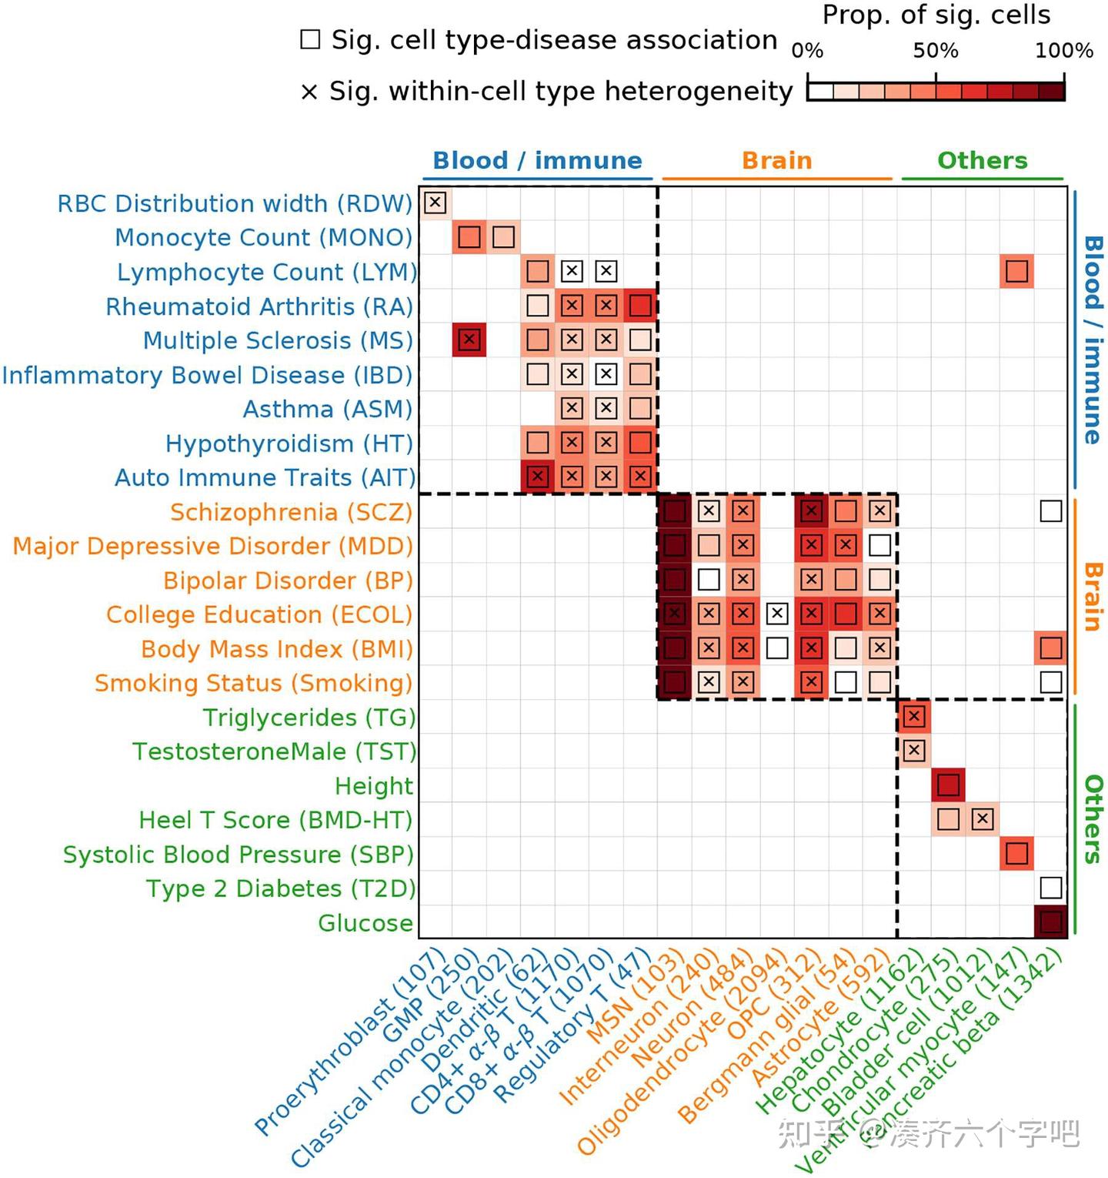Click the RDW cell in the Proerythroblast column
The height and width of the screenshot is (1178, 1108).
pyautogui.click(x=436, y=202)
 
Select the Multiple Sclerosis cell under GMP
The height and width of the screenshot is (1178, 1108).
pyautogui.click(x=469, y=340)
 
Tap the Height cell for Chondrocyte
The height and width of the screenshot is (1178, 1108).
pyautogui.click(x=948, y=785)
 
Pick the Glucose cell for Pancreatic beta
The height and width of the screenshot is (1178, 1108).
pyautogui.click(x=1050, y=922)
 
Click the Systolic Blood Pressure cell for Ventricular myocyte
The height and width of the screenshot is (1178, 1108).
pyautogui.click(x=1016, y=853)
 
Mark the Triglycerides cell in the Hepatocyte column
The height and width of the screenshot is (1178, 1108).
pyautogui.click(x=913, y=717)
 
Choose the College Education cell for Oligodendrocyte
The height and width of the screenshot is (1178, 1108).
pyautogui.click(x=777, y=614)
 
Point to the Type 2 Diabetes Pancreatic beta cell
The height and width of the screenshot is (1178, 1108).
pyautogui.click(x=1050, y=888)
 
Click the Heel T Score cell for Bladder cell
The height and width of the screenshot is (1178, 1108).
pyautogui.click(x=982, y=819)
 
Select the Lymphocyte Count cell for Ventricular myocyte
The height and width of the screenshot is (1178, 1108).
pyautogui.click(x=1016, y=271)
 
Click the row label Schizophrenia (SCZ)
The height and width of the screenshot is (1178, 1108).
pyautogui.click(x=291, y=512)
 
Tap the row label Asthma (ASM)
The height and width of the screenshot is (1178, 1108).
pyautogui.click(x=328, y=409)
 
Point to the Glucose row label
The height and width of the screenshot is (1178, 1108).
pyautogui.click(x=365, y=922)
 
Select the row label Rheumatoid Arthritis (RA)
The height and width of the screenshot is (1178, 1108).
pyautogui.click(x=259, y=306)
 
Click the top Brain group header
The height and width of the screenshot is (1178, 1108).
pyautogui.click(x=776, y=160)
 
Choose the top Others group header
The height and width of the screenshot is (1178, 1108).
pyautogui.click(x=982, y=160)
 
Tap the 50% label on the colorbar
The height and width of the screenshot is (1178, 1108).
pyautogui.click(x=936, y=51)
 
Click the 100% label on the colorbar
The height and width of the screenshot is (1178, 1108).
pyautogui.click(x=1063, y=51)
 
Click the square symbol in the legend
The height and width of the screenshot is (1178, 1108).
pyautogui.click(x=310, y=39)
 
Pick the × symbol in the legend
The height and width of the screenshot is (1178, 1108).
pyautogui.click(x=309, y=92)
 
